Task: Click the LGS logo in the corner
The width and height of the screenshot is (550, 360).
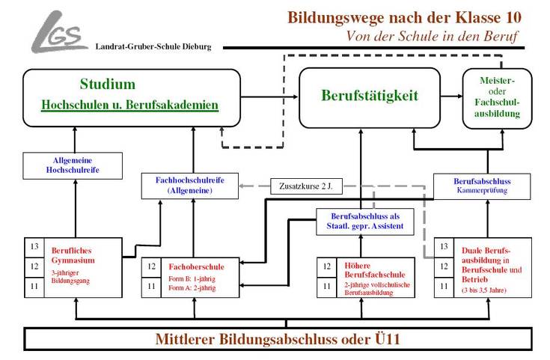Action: [59, 31]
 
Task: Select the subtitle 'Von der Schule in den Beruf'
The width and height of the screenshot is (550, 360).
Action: [432, 36]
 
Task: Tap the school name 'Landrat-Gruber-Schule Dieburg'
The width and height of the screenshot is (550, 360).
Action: [153, 46]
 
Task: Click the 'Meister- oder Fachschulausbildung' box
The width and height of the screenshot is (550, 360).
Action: [492, 98]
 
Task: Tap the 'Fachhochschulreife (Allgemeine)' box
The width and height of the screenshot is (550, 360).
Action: [190, 186]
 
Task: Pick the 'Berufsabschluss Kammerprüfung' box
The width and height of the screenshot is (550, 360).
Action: [482, 186]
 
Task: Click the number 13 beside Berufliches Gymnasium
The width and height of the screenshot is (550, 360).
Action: [34, 246]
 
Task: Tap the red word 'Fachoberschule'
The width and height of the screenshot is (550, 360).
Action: [192, 266]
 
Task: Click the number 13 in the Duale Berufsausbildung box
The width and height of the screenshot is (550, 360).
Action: [444, 246]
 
